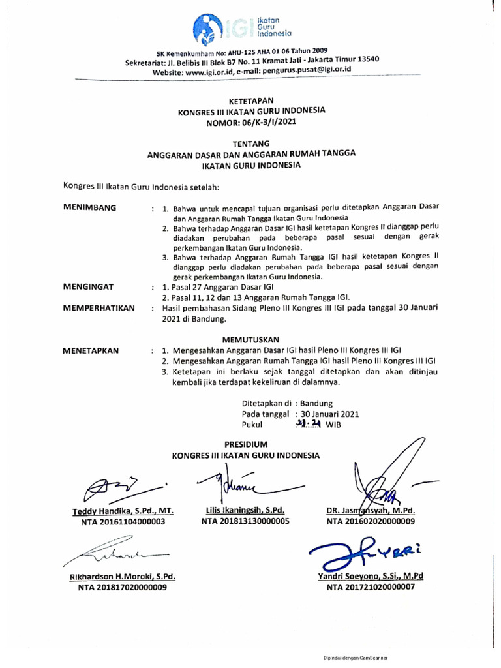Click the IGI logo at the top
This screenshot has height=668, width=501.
[x=242, y=26]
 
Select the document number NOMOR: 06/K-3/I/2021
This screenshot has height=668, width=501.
[x=251, y=121]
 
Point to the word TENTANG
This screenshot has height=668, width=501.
[x=250, y=143]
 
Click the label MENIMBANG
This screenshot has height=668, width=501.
[x=89, y=207]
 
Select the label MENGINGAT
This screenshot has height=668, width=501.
[x=88, y=286]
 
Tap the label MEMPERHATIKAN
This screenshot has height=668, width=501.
[x=99, y=307]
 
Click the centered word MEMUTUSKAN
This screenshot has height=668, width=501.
[x=250, y=339]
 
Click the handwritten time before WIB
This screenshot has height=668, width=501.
[x=307, y=424]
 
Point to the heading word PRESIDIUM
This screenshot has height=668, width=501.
[x=246, y=444]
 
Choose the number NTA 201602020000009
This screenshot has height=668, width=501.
[x=371, y=521]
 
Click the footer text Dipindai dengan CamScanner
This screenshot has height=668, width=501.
[x=356, y=658]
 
